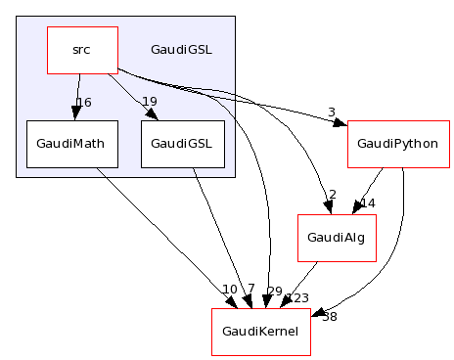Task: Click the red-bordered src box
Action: [82, 50]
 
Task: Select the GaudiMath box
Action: [66, 144]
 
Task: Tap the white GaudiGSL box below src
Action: [181, 144]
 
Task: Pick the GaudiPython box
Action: [396, 144]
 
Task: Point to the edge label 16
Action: [83, 103]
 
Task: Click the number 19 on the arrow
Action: [149, 102]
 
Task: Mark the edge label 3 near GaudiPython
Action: [331, 112]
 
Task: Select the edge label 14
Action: [367, 203]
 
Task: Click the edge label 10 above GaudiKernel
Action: [229, 290]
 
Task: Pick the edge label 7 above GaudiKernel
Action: [250, 290]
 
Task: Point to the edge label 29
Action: [274, 292]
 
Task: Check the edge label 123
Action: [296, 298]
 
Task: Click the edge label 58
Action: [329, 316]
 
